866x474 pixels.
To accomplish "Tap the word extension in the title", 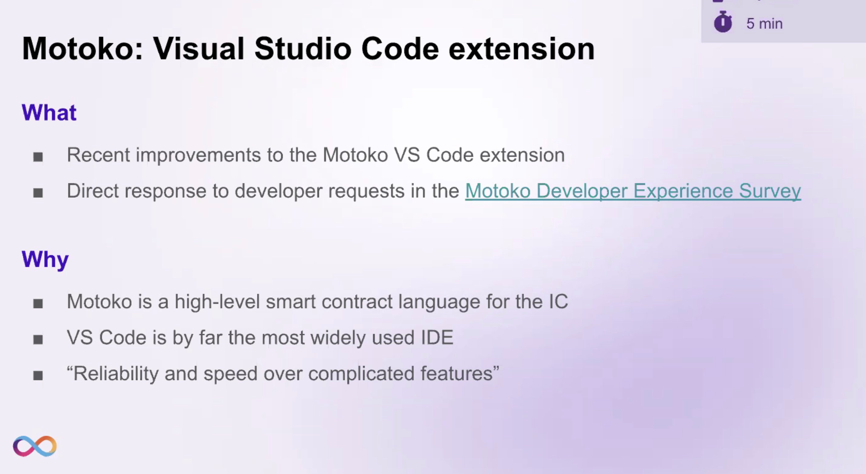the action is (x=522, y=48).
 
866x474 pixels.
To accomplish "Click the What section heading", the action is (x=49, y=113).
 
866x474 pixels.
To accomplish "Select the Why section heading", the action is (x=45, y=260).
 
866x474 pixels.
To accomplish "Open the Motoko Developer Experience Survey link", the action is (x=633, y=191).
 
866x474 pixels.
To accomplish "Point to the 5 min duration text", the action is (x=764, y=23).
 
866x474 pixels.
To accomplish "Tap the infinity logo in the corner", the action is (x=35, y=446).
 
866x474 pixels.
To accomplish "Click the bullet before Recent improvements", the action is (x=38, y=157).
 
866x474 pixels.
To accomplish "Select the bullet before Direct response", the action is (x=38, y=193).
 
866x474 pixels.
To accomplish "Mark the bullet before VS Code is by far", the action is (x=38, y=339).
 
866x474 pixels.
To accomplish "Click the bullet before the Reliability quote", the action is (x=38, y=375).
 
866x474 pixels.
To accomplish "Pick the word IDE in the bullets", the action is (x=437, y=338).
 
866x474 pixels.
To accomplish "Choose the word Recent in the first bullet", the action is (x=98, y=155).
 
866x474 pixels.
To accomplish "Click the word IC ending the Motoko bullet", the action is (x=559, y=302).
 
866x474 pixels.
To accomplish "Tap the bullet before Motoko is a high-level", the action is (x=38, y=303).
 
